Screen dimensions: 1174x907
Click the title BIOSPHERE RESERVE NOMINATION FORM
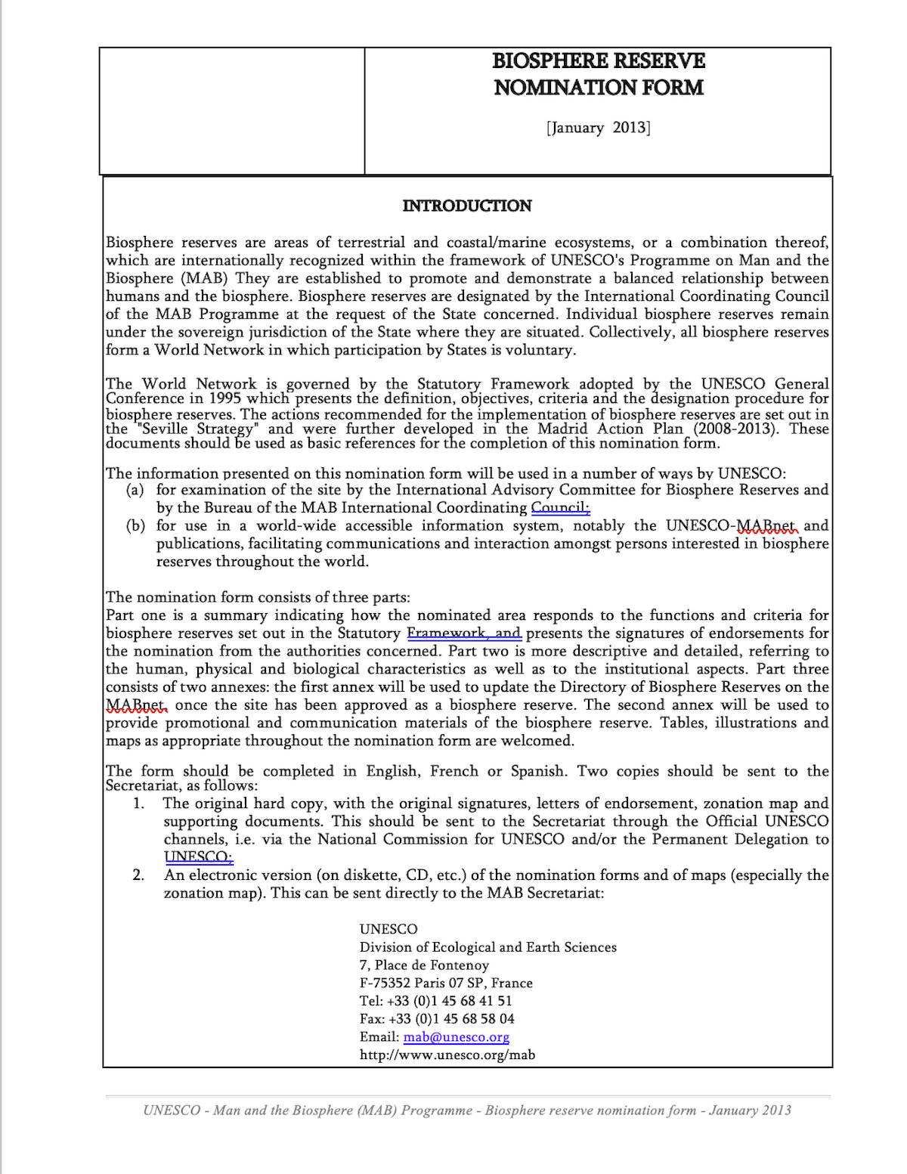pos(599,74)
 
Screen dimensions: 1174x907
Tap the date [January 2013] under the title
pos(598,128)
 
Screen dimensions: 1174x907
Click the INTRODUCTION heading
pos(467,206)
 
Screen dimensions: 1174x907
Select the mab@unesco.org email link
pos(456,1037)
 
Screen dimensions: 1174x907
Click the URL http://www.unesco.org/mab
pos(447,1055)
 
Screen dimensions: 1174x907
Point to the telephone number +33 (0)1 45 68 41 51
pos(449,1001)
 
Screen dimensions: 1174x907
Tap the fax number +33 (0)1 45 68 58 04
pos(451,1019)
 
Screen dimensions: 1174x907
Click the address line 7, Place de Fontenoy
pos(424,965)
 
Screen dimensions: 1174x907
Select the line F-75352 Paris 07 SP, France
pos(446,983)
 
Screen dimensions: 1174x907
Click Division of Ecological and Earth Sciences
pos(488,947)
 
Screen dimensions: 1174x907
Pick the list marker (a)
pos(135,491)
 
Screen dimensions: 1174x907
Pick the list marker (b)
pos(135,526)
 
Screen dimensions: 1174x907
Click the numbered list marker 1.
pos(138,804)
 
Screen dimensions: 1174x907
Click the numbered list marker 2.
pos(138,875)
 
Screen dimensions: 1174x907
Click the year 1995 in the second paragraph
pos(225,398)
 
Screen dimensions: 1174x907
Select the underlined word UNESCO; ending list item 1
pos(198,857)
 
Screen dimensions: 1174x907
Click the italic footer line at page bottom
pos(467,1110)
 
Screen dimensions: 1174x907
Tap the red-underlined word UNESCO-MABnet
pos(731,526)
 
